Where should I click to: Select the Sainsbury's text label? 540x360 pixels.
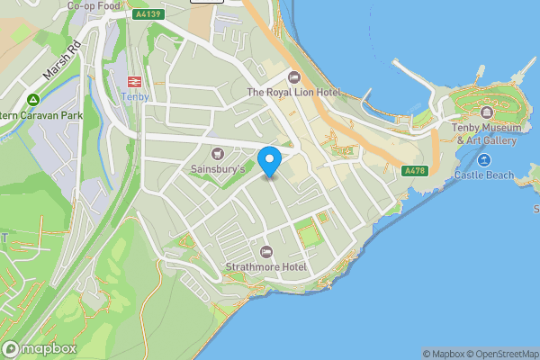click(217, 168)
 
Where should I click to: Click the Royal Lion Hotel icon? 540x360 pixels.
click(293, 76)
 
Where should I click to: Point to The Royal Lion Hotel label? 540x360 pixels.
click(293, 92)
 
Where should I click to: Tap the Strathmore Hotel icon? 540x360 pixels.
click(265, 252)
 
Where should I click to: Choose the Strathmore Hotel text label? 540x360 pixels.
click(266, 267)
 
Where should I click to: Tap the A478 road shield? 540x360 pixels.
click(414, 171)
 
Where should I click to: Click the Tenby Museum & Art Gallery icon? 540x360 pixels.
click(486, 112)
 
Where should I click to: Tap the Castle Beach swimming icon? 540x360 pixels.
click(484, 160)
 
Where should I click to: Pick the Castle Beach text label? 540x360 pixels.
click(484, 175)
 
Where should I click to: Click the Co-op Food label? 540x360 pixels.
click(94, 5)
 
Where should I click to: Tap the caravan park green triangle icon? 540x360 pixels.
click(32, 99)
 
